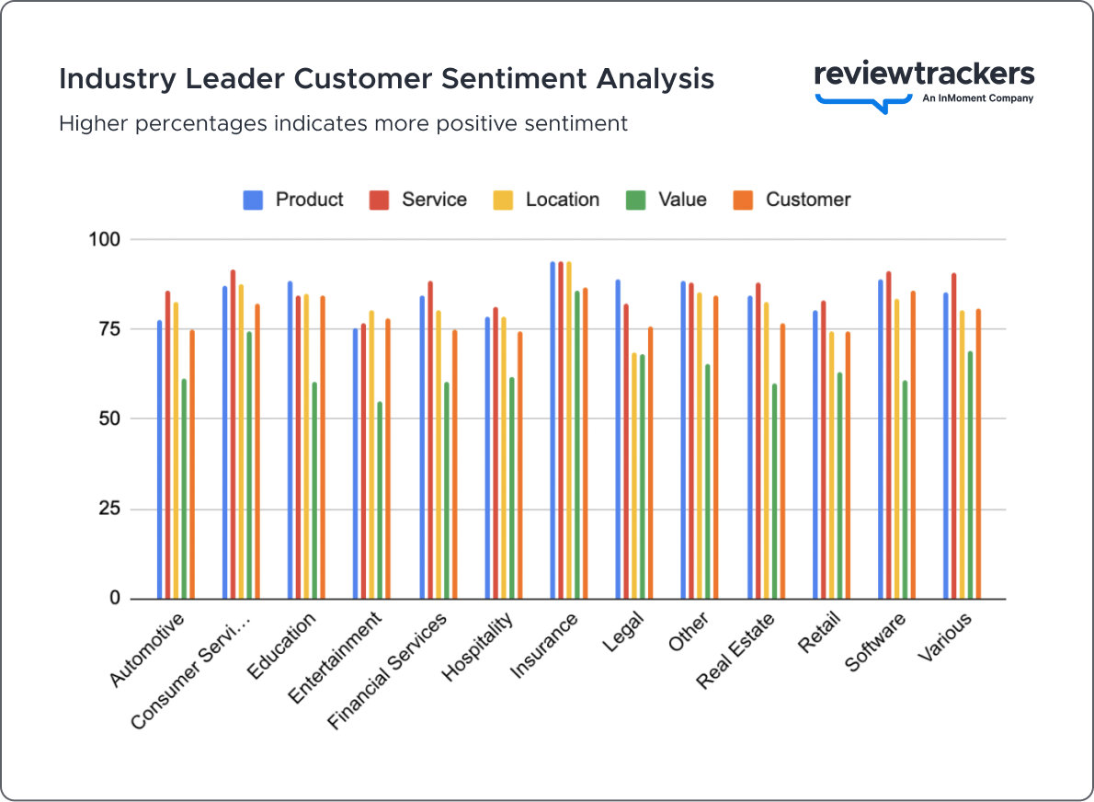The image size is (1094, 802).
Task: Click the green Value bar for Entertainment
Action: coord(380,501)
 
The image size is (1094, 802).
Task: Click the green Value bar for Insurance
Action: coord(576,445)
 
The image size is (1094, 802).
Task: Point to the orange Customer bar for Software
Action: coord(913,445)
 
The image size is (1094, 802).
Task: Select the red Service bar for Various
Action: coord(954,436)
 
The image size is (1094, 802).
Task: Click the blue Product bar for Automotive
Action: coord(159,460)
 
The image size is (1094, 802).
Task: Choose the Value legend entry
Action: coord(667,200)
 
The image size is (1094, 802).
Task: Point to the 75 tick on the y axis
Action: coord(109,329)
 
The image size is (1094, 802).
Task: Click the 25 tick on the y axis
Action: coord(109,509)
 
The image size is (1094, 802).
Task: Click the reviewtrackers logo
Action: coord(924,84)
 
